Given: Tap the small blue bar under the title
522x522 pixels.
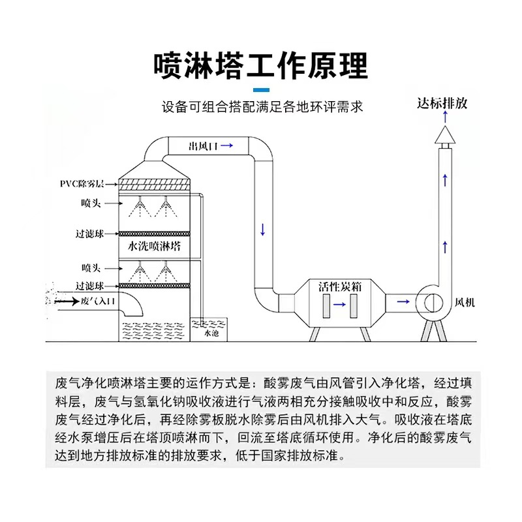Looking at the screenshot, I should click(x=260, y=89).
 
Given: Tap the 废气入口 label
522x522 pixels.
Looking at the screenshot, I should click(x=98, y=301).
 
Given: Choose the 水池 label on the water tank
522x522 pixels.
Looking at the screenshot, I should click(x=211, y=333).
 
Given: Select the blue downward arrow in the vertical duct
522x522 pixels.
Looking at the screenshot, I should click(x=262, y=230).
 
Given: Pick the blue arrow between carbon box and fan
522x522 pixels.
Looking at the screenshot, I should click(x=404, y=302).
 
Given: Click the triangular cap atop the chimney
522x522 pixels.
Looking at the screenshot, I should click(x=444, y=134).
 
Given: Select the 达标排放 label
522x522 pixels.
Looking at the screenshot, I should click(x=442, y=103).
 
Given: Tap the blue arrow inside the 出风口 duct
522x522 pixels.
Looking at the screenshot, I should click(x=226, y=146).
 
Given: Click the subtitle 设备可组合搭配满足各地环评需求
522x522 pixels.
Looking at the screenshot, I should click(x=262, y=106).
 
